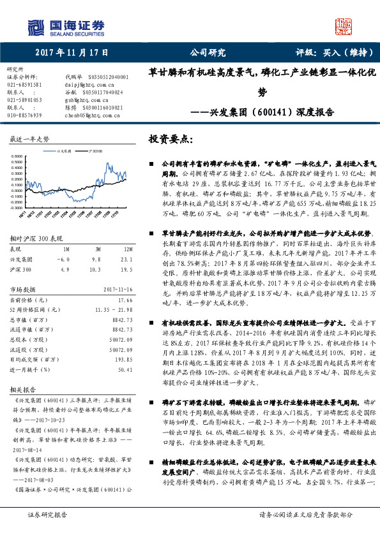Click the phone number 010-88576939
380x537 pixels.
click(24, 115)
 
